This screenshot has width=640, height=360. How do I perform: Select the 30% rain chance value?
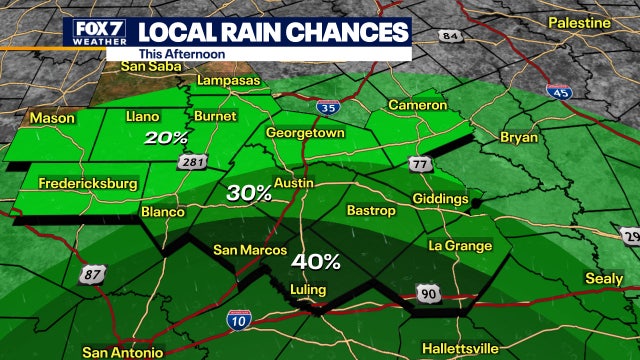(x=247, y=193)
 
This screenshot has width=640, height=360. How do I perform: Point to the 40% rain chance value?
(x=316, y=262)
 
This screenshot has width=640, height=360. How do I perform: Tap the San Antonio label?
(x=122, y=352)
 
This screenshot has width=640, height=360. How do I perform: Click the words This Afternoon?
(x=181, y=53)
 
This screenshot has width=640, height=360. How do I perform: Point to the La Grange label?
(x=460, y=246)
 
